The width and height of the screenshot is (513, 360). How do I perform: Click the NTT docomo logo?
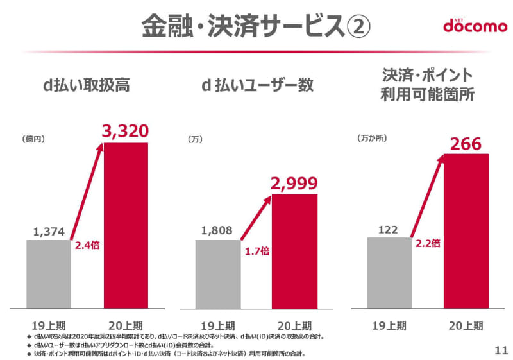(471, 25)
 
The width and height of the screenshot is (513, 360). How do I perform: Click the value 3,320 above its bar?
(126, 132)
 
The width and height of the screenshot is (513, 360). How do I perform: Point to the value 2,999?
(294, 184)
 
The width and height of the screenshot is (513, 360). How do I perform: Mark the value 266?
(466, 144)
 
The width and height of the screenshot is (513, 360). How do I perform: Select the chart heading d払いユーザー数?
(256, 85)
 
